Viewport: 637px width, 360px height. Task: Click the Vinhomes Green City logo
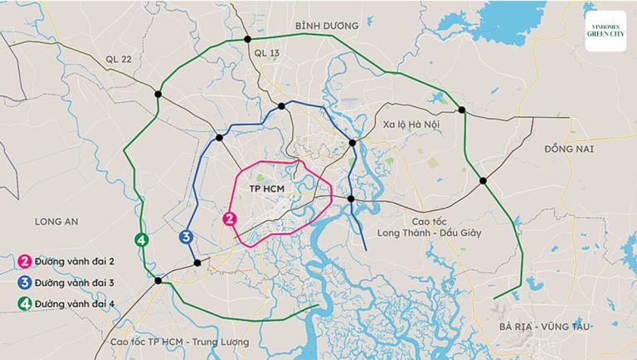[x=605, y=31]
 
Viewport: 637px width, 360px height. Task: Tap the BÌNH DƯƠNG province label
[x=328, y=26]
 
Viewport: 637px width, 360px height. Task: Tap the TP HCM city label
[x=269, y=190]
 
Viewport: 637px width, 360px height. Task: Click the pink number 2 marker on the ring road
[x=231, y=219]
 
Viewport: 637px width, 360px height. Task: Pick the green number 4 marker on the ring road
[x=142, y=241]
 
